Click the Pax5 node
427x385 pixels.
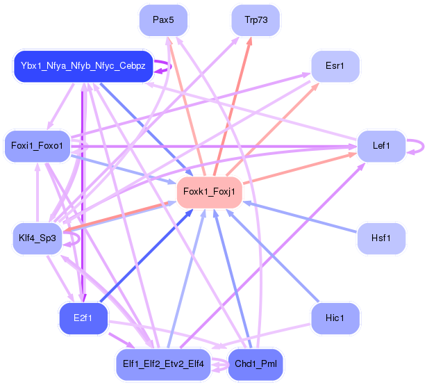tap(163, 20)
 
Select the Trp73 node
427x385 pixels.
tap(256, 20)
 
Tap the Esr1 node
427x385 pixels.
tap(335, 66)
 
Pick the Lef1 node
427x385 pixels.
tap(381, 146)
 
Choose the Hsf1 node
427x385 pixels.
tap(381, 238)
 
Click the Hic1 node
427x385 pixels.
tap(335, 318)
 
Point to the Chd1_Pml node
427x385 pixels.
tap(256, 364)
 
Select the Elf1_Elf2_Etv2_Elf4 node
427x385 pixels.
tap(163, 364)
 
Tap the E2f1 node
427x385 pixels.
tap(83, 318)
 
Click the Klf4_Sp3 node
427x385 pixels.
tap(37, 238)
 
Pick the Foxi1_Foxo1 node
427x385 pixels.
tap(37, 146)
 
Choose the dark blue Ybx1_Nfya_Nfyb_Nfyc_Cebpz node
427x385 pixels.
tap(83, 66)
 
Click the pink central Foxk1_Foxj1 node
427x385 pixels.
tap(210, 192)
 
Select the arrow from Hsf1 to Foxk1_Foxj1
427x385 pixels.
tap(299, 217)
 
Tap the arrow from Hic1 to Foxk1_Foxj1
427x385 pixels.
tap(272, 256)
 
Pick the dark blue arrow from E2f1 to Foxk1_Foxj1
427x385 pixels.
tap(146, 256)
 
